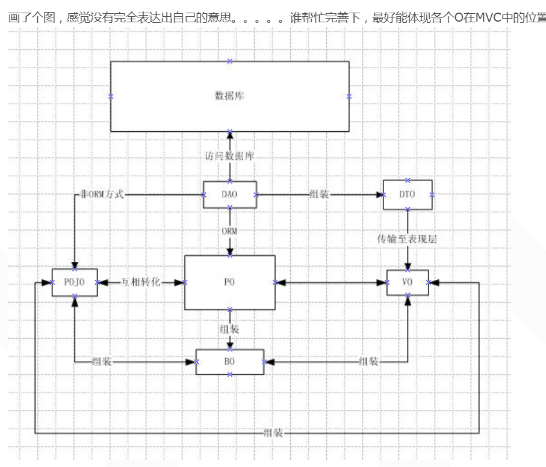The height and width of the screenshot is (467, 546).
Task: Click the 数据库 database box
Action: [x=229, y=96]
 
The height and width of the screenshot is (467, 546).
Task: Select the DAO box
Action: [x=229, y=194]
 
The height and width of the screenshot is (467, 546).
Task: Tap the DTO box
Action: [x=408, y=194]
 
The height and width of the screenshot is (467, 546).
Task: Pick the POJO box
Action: [x=75, y=282]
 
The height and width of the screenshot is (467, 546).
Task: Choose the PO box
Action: [x=229, y=282]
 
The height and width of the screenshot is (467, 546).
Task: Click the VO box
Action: [x=408, y=282]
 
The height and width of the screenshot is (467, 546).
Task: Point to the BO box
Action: [x=229, y=362]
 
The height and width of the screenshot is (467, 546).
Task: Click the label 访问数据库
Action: [x=229, y=156]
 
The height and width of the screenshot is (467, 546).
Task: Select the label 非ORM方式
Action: [x=102, y=194]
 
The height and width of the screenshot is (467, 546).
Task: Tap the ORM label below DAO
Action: [x=229, y=231]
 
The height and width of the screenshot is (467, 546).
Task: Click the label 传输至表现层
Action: [x=407, y=239]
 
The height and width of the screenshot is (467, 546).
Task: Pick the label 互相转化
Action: [x=141, y=282]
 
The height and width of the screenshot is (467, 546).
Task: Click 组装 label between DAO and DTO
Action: [x=319, y=194]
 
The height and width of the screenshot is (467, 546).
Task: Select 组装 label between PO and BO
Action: [x=229, y=329]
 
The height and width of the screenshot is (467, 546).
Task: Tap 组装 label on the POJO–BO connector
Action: [x=102, y=362]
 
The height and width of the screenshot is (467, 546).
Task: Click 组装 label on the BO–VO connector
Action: [x=368, y=362]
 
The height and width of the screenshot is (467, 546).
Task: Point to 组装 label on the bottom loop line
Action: [x=273, y=433]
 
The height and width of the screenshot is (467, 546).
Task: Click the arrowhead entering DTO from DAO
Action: [x=380, y=194]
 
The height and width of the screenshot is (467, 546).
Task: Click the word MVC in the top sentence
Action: [x=488, y=17]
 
